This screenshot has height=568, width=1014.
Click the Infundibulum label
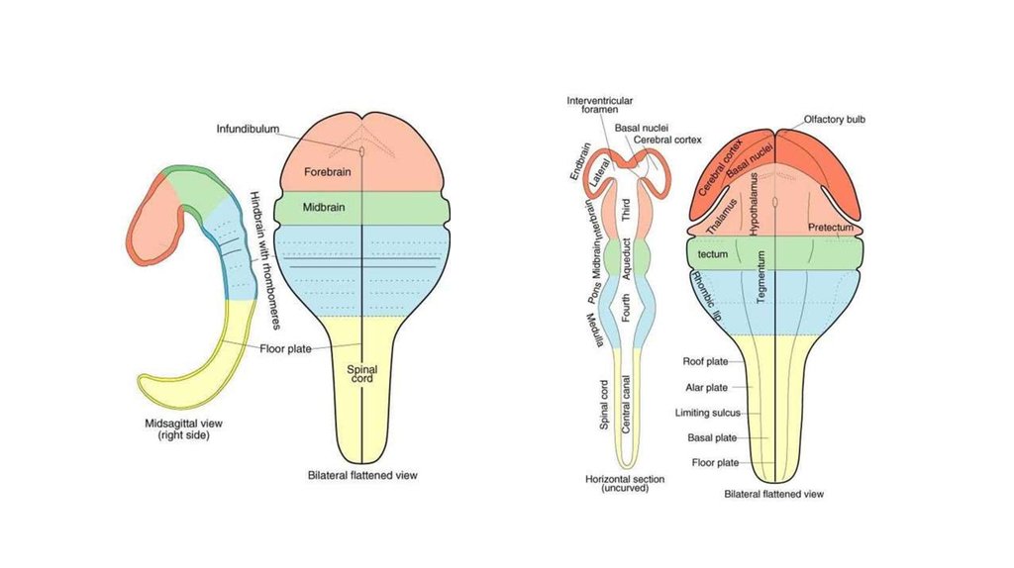(249, 129)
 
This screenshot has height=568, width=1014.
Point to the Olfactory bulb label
(834, 118)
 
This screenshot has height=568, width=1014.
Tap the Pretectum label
(830, 228)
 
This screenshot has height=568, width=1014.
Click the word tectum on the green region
(713, 254)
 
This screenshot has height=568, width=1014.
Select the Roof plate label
(706, 362)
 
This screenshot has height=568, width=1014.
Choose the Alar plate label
(707, 388)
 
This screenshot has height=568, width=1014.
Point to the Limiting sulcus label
(706, 413)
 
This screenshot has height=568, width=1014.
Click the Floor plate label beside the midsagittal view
(286, 348)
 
